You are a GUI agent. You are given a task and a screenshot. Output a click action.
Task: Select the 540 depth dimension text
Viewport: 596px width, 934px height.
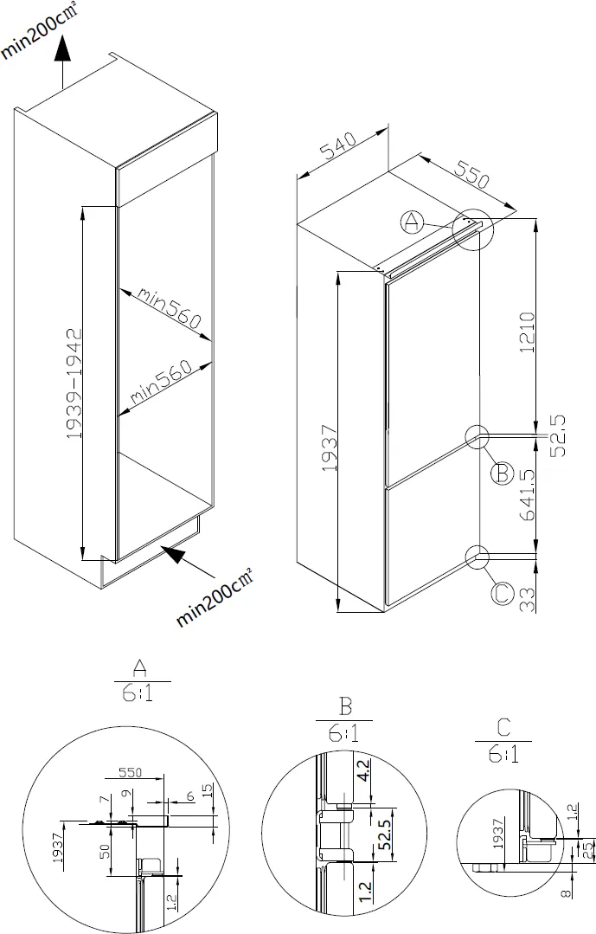click(x=339, y=149)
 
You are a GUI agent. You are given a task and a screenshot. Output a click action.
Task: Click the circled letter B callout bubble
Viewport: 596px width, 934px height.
click(x=501, y=473)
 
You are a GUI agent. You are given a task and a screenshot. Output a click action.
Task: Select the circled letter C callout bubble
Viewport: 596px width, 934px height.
click(x=502, y=594)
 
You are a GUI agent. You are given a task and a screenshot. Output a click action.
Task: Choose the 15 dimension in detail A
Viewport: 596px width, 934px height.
click(x=206, y=790)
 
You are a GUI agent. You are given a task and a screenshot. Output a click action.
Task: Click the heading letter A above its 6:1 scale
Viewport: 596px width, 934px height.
click(x=138, y=667)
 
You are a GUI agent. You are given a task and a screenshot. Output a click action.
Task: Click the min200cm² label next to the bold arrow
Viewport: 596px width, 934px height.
click(x=215, y=597)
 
